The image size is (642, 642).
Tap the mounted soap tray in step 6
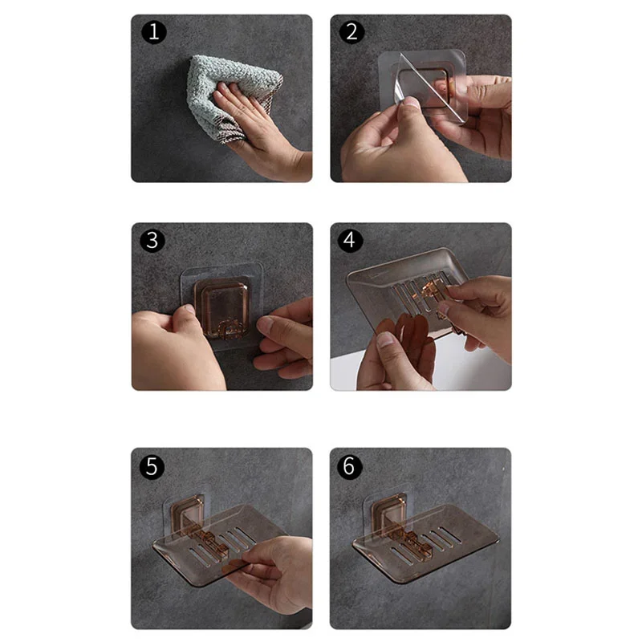[x=425, y=546]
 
